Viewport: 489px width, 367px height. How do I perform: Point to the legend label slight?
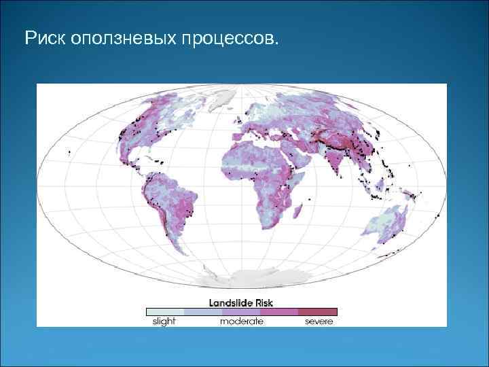pos(164,321)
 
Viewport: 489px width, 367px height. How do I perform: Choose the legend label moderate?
pos(241,321)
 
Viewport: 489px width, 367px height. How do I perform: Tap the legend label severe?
pos(319,321)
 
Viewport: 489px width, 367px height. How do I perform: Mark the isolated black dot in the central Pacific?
pos(70,153)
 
